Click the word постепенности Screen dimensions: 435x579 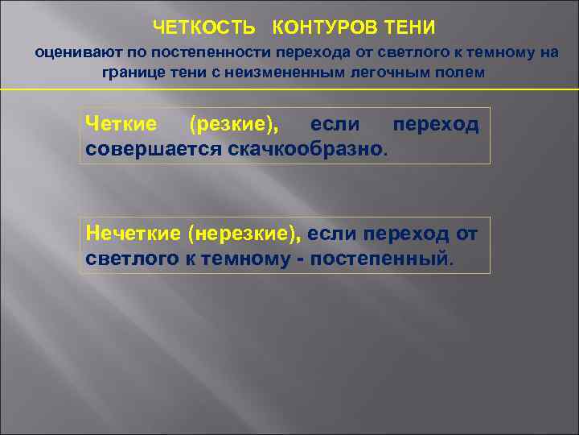click(x=208, y=55)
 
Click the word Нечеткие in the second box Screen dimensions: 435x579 click(x=133, y=234)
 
